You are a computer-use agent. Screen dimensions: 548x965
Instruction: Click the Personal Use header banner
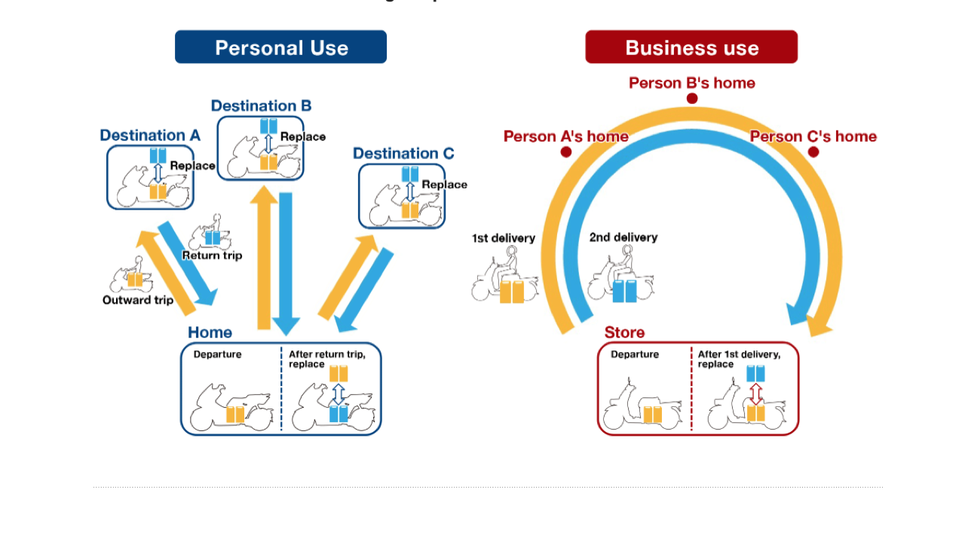280,47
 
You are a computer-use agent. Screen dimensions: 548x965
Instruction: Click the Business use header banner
691,47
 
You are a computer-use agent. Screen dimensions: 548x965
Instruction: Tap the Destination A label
150,136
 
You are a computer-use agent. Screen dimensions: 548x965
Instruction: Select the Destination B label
261,106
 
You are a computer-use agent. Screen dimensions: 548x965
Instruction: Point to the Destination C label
403,154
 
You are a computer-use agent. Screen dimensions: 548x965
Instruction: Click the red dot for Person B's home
692,98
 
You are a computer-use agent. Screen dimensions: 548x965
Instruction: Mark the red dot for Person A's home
566,152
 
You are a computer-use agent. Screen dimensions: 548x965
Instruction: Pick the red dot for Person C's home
813,152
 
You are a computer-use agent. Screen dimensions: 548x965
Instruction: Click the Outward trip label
138,300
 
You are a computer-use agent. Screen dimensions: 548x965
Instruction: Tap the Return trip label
213,256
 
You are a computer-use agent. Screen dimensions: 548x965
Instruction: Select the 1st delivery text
504,238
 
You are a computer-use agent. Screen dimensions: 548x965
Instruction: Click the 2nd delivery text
623,237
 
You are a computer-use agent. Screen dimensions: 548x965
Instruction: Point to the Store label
624,332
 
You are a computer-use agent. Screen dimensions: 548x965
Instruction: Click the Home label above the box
210,332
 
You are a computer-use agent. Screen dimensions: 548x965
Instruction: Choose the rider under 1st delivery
504,276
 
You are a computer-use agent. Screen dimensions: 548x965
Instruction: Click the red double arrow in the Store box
755,393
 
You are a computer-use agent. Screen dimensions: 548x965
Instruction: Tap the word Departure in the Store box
635,354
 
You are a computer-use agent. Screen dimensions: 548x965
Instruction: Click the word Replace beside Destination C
444,185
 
